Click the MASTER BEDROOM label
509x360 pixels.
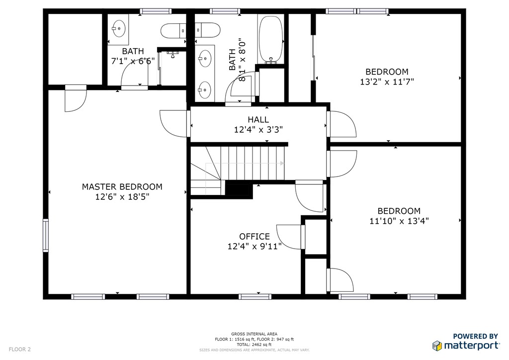point(122,186)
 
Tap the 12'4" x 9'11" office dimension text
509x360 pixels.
point(254,247)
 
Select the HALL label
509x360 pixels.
point(258,120)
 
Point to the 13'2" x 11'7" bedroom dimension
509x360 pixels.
point(387,82)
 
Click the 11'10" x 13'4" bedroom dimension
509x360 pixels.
point(399,221)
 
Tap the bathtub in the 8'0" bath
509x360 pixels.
point(270,39)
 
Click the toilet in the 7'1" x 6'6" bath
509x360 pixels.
point(173,31)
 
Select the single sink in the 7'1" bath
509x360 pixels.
point(119,28)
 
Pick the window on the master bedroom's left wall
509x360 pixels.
point(46,235)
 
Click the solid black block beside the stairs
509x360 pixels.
point(239,189)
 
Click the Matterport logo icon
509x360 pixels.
point(437,346)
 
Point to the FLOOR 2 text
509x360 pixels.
point(19,349)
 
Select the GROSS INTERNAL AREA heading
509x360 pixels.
point(254,334)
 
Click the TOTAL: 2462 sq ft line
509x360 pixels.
point(254,345)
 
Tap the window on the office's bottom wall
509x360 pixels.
point(255,297)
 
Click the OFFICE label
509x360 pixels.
point(254,236)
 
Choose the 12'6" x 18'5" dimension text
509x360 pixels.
point(122,197)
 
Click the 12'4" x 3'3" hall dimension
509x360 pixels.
point(258,130)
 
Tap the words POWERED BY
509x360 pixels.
point(476,336)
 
